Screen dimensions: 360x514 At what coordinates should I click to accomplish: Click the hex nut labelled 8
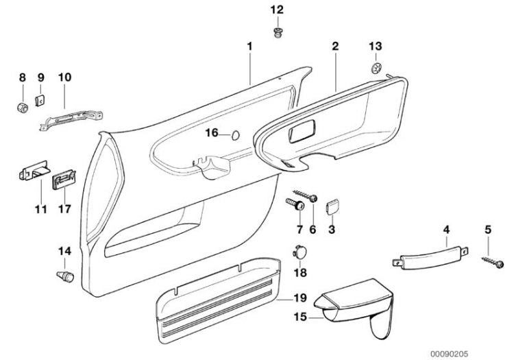tap(22, 107)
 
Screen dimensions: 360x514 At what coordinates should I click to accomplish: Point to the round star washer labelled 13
tap(375, 68)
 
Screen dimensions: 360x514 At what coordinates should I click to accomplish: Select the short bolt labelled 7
tap(297, 204)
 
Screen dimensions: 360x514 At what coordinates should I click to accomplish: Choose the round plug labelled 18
tap(299, 252)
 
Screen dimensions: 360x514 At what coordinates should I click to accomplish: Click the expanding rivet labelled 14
tap(64, 278)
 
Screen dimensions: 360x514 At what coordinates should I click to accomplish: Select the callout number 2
tap(335, 47)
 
